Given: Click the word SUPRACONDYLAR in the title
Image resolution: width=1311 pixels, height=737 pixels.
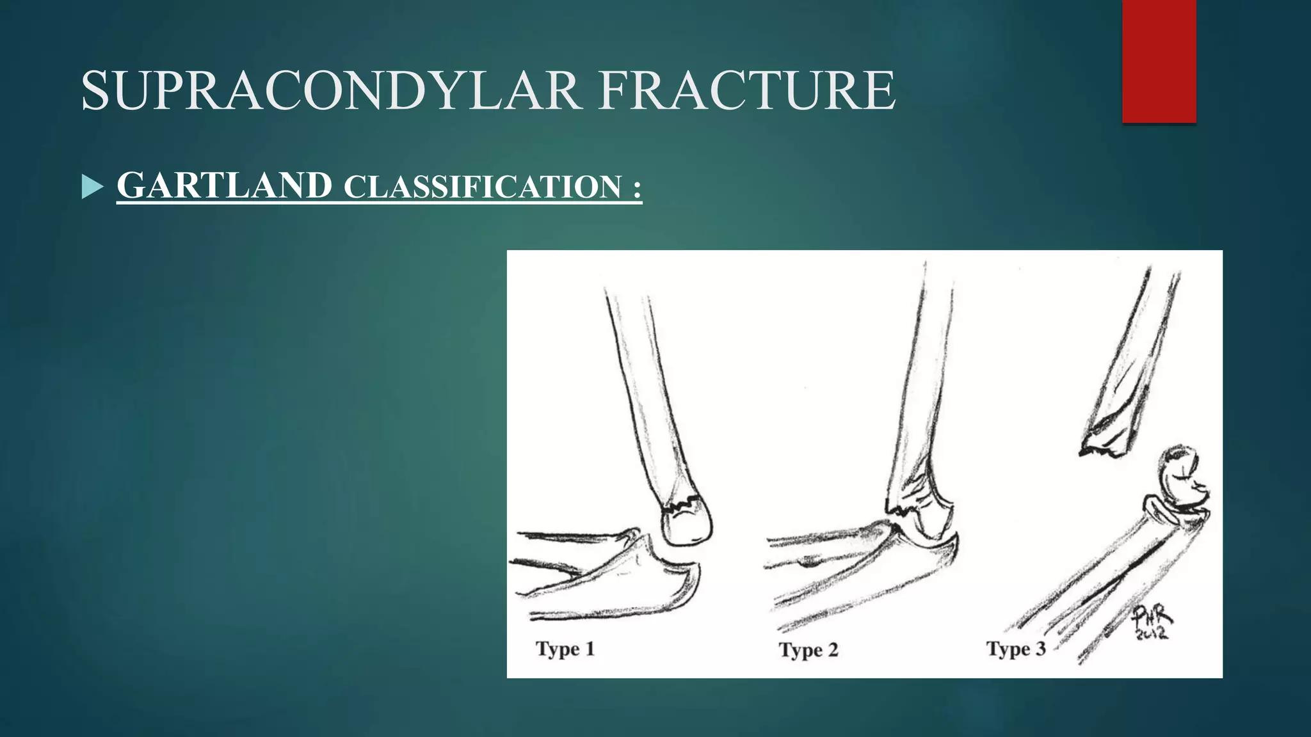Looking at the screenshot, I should (332, 91).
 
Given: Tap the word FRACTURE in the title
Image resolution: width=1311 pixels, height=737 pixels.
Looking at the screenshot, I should (746, 91).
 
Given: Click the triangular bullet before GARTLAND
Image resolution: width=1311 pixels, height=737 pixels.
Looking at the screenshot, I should (92, 187).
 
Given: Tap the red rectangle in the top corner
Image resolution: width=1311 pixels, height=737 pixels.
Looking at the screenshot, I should (1159, 61).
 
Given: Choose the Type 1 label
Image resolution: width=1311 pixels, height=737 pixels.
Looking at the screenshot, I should (565, 649).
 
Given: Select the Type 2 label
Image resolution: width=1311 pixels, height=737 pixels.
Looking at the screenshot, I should (808, 650).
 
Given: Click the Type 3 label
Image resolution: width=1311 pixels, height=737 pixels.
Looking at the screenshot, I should (1016, 649).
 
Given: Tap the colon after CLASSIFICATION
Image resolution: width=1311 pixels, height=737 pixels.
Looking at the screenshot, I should (636, 188).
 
